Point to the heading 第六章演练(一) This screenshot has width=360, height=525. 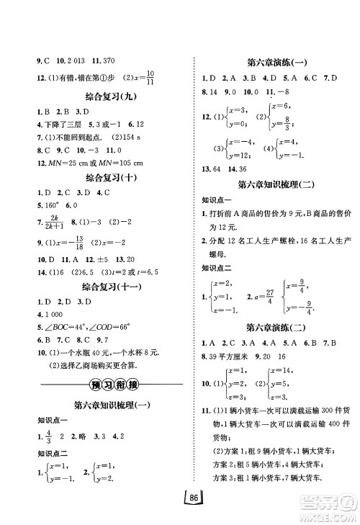point(274,62)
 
